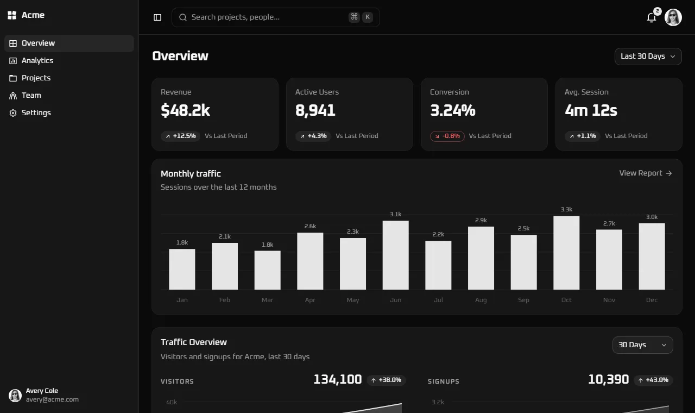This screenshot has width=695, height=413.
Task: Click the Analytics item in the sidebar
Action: [x=37, y=60]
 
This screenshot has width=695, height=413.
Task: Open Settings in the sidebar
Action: [x=36, y=112]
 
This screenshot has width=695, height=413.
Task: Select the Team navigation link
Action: [x=31, y=95]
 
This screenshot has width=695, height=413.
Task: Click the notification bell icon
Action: [x=651, y=18]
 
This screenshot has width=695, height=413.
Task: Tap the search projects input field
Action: [x=275, y=17]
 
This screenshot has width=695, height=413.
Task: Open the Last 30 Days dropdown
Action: [x=648, y=56]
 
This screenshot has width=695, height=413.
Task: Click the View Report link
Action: [x=646, y=173]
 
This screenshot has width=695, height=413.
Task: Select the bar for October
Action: [x=566, y=253]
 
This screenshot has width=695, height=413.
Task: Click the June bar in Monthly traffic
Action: [x=396, y=255]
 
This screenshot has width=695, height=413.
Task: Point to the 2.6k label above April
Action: [x=310, y=226]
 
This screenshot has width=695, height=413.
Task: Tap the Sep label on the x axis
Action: [x=523, y=300]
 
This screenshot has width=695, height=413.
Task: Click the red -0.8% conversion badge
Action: [x=447, y=136]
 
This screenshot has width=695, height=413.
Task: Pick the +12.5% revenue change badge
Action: [x=180, y=136]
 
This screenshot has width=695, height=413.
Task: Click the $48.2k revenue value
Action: [x=185, y=110]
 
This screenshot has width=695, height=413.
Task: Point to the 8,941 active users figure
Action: [x=315, y=110]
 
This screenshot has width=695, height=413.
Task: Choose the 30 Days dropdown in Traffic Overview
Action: [x=642, y=345]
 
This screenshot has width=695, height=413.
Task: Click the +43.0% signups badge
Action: [x=653, y=380]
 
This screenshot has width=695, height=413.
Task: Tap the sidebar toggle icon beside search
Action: [x=157, y=17]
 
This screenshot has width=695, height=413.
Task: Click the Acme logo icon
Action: [x=12, y=15]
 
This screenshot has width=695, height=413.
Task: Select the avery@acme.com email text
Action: [x=52, y=399]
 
